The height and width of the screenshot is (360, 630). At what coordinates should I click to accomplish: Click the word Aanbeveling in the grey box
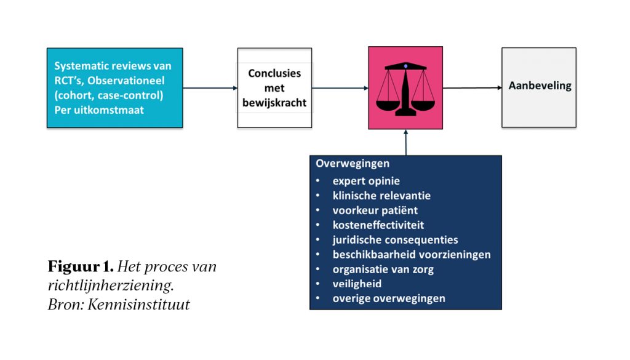[x=540, y=86]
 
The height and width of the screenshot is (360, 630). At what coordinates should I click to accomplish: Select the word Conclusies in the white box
[x=274, y=74]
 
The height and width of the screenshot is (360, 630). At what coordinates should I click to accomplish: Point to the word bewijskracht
[x=274, y=102]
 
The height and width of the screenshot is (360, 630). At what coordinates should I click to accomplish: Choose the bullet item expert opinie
[x=366, y=181]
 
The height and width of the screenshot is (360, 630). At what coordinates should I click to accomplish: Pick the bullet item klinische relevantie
[x=381, y=196]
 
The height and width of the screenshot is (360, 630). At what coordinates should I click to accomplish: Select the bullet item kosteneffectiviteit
[x=378, y=225]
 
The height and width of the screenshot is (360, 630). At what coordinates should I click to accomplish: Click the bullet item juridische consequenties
[x=395, y=240]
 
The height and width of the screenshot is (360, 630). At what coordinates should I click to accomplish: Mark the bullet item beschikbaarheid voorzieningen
[x=411, y=254]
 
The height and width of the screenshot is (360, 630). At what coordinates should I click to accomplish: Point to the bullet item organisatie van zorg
[x=383, y=269]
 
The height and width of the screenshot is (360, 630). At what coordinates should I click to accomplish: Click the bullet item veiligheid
[x=357, y=284]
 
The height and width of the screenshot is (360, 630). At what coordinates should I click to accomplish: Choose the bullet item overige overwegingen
[x=388, y=298]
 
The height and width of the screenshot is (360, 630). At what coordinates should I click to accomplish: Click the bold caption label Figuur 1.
[x=81, y=268]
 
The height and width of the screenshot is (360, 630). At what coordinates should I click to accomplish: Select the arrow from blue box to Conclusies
[x=210, y=88]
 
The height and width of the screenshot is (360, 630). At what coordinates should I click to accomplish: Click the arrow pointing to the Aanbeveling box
[x=472, y=88]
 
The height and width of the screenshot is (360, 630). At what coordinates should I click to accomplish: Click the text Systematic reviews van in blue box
[x=113, y=66]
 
